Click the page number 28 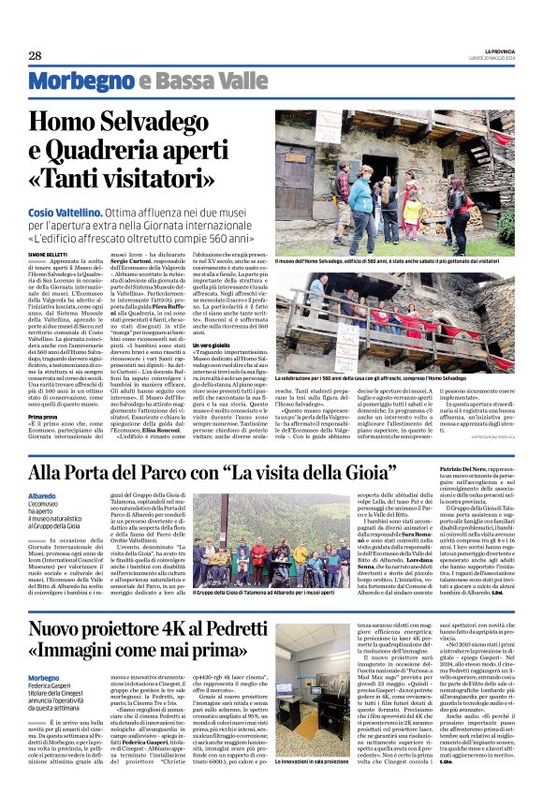36,56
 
